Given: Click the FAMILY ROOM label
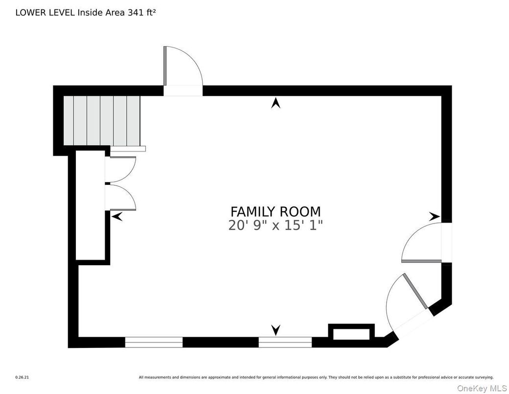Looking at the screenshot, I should click(x=276, y=212).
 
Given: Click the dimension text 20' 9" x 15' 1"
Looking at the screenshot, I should click(x=276, y=225).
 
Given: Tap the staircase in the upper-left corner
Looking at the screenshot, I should click(x=101, y=121).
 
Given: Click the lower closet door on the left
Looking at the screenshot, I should click(x=121, y=197).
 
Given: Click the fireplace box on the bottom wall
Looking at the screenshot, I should click(x=351, y=333).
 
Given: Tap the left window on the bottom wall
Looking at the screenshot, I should click(x=154, y=342).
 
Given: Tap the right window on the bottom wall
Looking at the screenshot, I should click(x=285, y=342).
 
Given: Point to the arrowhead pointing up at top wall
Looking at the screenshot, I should click(x=276, y=103).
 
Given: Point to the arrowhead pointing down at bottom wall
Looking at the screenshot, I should click(x=276, y=330).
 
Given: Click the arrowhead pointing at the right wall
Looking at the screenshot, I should click(x=434, y=216).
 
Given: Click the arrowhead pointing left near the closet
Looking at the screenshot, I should click(x=117, y=216).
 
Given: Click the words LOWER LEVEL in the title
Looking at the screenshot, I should click(x=45, y=13).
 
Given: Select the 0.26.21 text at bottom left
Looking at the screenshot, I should click(x=22, y=377).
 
